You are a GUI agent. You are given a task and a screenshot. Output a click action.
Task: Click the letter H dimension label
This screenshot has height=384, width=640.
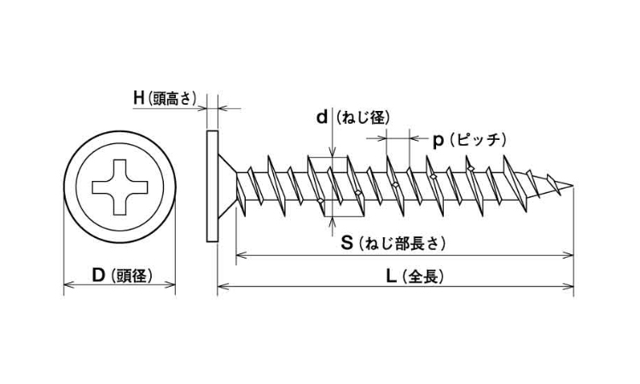click(139, 98)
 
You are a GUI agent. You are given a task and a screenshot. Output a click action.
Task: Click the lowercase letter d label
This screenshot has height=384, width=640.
click(322, 118)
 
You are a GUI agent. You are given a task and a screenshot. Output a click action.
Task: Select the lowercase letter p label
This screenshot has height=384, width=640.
click(438, 141)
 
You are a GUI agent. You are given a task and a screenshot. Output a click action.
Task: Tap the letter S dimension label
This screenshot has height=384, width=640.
click(346, 243)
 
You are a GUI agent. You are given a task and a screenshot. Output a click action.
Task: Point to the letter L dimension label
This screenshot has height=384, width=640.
click(391, 276)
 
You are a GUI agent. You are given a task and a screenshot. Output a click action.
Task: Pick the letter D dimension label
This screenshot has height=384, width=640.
click(98, 275)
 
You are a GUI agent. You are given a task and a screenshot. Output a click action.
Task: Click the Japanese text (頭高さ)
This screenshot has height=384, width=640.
click(172, 99)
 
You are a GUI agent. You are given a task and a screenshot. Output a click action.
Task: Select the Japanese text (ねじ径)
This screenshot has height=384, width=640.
click(363, 118)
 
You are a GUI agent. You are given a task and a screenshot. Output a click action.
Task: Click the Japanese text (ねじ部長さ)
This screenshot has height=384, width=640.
click(402, 244)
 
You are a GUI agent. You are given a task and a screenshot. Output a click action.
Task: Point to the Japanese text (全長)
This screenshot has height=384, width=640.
click(422, 277)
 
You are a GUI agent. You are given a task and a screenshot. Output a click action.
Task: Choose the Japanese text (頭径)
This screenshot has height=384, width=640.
click(131, 276)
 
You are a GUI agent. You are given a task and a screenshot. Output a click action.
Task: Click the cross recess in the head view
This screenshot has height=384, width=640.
click(119, 187)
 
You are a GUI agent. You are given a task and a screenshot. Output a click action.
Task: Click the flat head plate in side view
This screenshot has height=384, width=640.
click(212, 186)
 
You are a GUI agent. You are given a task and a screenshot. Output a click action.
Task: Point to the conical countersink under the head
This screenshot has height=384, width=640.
click(227, 187)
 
